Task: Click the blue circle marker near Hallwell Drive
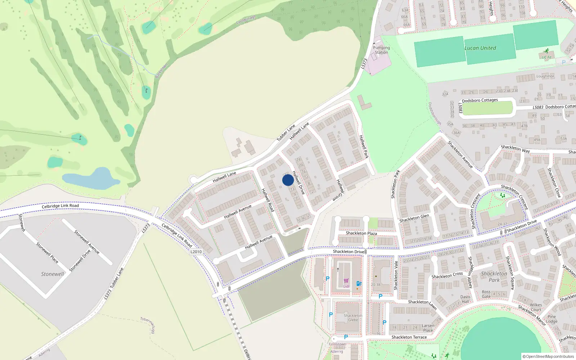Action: pyautogui.click(x=288, y=180)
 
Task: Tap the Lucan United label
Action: pyautogui.click(x=480, y=48)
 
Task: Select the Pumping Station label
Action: pyautogui.click(x=381, y=50)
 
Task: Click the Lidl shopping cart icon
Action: pyautogui.click(x=346, y=281)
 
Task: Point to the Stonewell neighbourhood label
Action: pyautogui.click(x=52, y=274)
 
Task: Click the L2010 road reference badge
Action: pyautogui.click(x=196, y=252)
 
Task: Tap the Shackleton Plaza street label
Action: pyautogui.click(x=361, y=233)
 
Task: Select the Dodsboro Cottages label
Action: pyautogui.click(x=480, y=100)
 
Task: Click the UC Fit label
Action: pyautogui.click(x=546, y=57)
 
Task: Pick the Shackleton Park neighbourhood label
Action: pyautogui.click(x=494, y=276)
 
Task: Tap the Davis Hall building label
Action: pyautogui.click(x=465, y=299)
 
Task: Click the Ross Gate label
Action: pyautogui.click(x=486, y=294)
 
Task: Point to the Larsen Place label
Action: pyautogui.click(x=428, y=328)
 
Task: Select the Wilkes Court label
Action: pyautogui.click(x=536, y=307)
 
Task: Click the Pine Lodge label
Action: pyautogui.click(x=552, y=319)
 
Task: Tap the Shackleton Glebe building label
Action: pyautogui.click(x=353, y=318)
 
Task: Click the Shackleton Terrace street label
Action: pyautogui.click(x=409, y=337)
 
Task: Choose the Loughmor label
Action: pyautogui.click(x=545, y=76)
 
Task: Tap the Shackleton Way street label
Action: pyautogui.click(x=515, y=149)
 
